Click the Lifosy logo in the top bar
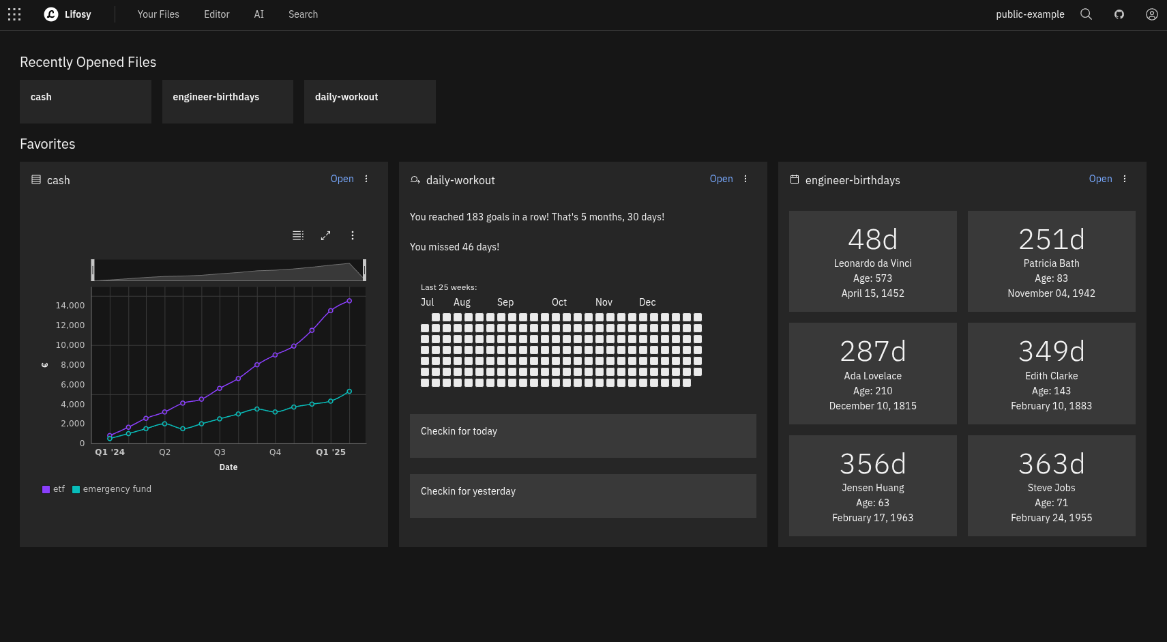(51, 14)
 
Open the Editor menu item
(216, 14)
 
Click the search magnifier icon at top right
(1086, 14)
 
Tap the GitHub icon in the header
(1119, 14)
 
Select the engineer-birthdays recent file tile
(227, 101)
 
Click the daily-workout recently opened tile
(369, 101)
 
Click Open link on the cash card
(342, 179)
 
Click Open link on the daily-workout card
(721, 179)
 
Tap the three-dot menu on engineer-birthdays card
(1125, 179)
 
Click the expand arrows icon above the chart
(325, 235)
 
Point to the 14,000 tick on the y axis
(70, 306)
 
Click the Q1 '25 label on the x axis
(331, 452)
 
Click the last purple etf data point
(349, 301)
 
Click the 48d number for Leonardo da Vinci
(872, 239)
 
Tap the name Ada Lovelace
(872, 376)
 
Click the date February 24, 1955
(1051, 518)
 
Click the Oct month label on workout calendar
(559, 302)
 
